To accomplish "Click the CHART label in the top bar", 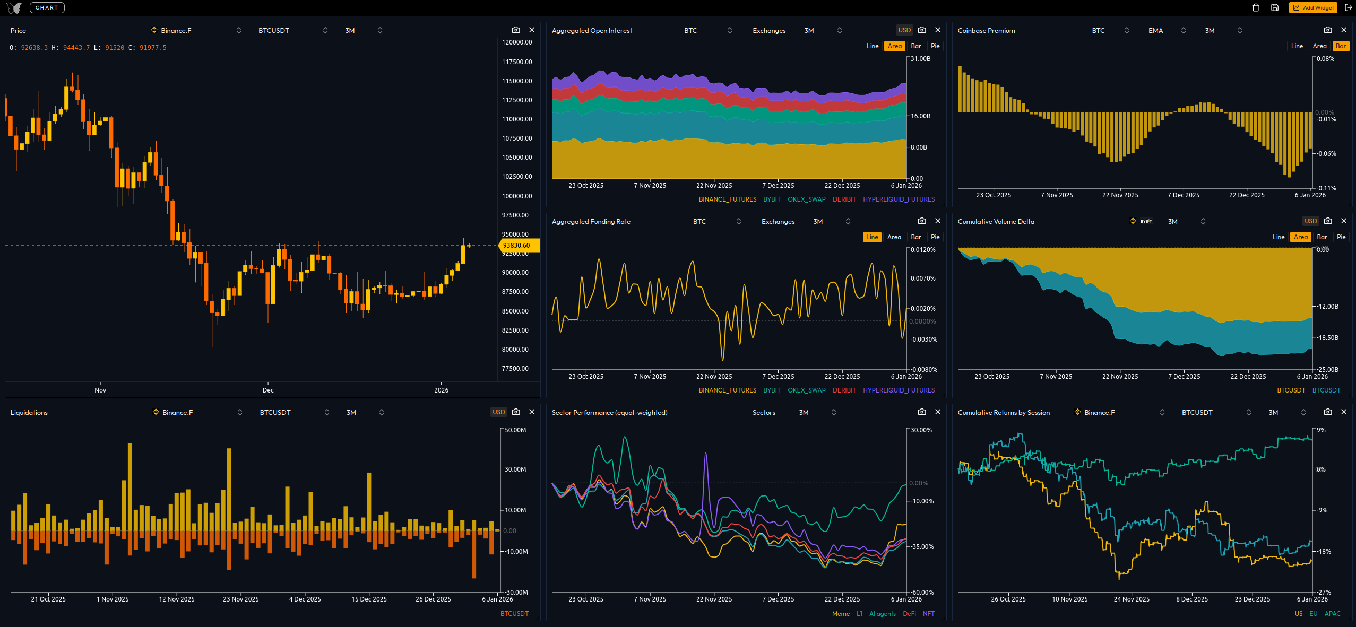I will [x=47, y=7].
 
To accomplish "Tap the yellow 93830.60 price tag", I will [x=518, y=246].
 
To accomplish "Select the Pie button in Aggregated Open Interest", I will [x=935, y=46].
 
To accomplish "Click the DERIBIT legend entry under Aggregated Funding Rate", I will [x=844, y=390].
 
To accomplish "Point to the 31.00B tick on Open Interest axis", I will [x=920, y=59].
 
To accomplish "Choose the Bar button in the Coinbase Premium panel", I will [x=1341, y=46].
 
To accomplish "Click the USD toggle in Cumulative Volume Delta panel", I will [x=1310, y=221].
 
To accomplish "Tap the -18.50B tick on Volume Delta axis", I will [x=1327, y=338].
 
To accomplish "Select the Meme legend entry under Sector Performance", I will [x=841, y=614].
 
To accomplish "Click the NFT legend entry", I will [x=928, y=614].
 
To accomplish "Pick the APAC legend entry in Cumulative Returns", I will [x=1332, y=614].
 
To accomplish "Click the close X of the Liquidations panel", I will [x=532, y=412].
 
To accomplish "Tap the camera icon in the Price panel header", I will [x=516, y=30].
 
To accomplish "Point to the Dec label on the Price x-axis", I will [x=268, y=390].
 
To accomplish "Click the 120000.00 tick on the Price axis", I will [x=517, y=42].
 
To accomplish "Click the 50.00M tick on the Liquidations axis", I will [x=515, y=430].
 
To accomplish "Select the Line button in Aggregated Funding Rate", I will [x=872, y=237].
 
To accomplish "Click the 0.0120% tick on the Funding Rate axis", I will [x=923, y=250].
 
